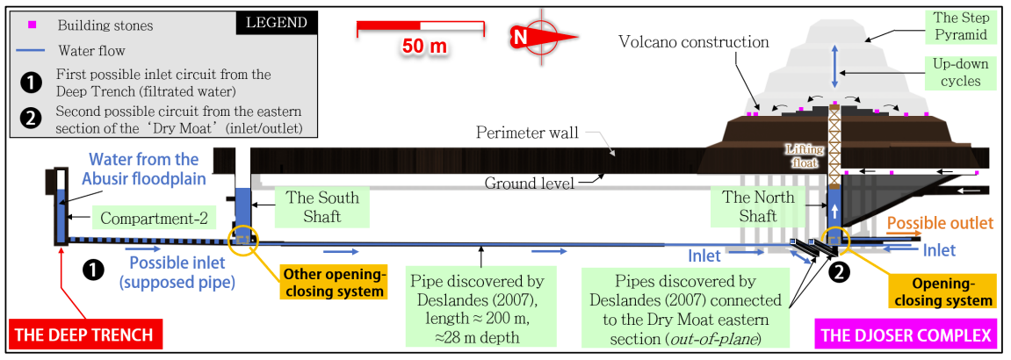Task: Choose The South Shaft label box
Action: tap(322, 206)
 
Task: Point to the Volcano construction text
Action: tap(694, 42)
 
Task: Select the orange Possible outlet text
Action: tap(940, 223)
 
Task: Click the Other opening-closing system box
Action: tap(333, 283)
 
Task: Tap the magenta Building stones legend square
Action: tap(32, 25)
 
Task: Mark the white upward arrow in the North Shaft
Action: tap(835, 211)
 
